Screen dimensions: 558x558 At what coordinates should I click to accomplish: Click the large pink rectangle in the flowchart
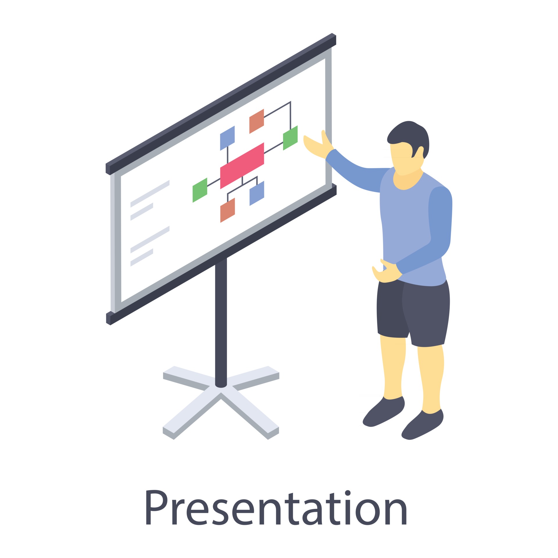[242, 166]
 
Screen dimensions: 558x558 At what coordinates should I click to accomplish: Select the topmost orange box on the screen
[256, 121]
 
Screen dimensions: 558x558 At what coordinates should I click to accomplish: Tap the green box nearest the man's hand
[290, 138]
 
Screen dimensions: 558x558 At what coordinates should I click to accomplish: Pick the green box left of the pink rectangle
[200, 190]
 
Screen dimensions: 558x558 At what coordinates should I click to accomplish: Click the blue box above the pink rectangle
[227, 138]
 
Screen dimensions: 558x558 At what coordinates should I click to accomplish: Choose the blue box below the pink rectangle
[257, 193]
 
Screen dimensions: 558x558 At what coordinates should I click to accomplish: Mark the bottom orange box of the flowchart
[227, 210]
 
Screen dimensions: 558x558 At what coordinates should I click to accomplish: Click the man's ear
[420, 152]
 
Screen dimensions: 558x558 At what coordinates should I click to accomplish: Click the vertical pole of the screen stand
[221, 320]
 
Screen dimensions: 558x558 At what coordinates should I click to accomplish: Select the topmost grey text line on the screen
[150, 194]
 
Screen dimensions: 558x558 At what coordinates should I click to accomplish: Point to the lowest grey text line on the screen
[142, 257]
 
